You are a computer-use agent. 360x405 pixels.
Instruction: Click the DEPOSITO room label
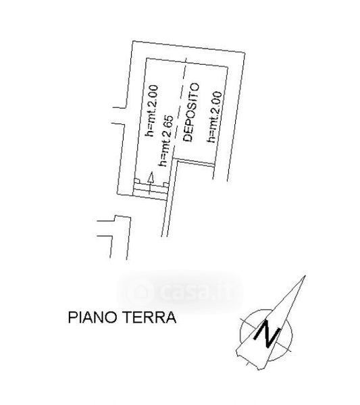coord(191,112)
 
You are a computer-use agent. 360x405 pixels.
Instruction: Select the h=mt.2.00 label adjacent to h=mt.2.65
coord(152,111)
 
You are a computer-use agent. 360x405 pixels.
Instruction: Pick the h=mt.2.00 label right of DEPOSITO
coord(214,117)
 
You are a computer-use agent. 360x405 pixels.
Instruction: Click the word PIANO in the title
coord(93,317)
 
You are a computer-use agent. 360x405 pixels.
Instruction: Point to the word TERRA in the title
coord(149,317)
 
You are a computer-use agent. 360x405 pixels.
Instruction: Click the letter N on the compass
coord(267,333)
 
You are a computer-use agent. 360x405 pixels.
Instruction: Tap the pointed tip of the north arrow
coord(305,275)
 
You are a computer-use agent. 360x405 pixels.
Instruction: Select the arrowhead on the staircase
coord(151,178)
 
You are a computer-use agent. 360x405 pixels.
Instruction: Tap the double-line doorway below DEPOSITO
coord(194,162)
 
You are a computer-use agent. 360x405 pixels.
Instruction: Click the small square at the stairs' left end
coord(137,181)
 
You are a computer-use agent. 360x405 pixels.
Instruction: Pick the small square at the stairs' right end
coord(166,185)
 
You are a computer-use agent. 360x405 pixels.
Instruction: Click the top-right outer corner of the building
coord(245,53)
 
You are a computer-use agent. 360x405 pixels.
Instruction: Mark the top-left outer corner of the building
coord(132,40)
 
